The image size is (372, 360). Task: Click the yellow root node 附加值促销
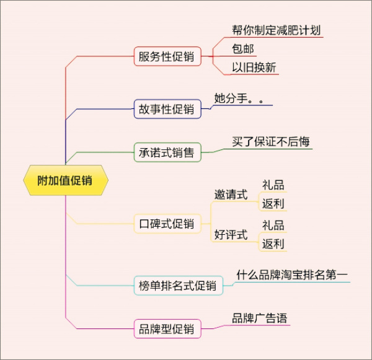65,181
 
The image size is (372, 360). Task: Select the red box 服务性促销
167,58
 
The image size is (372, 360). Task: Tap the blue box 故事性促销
167,110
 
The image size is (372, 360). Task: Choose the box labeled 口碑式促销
167,224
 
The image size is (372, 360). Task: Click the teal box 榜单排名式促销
178,286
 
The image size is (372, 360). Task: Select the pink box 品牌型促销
167,328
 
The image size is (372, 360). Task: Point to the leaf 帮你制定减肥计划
276,30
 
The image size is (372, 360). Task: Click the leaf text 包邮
243,49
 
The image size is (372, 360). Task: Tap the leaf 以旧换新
254,68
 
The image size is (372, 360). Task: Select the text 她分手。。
243,98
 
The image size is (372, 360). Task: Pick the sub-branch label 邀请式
231,195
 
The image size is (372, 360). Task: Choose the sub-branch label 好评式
231,235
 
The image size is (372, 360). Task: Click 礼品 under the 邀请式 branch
273,185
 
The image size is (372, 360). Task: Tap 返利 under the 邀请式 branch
273,203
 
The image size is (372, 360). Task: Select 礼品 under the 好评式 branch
273,225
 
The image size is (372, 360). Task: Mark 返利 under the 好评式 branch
273,244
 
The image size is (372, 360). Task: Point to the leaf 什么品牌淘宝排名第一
292,274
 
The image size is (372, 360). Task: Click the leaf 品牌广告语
259,318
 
